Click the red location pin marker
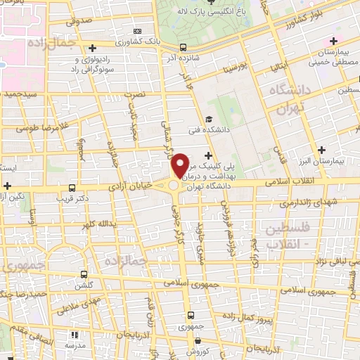[181, 165]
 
